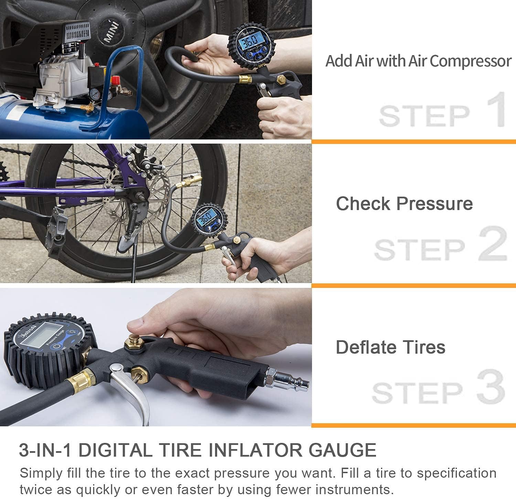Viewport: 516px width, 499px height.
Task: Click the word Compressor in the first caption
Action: pos(470,61)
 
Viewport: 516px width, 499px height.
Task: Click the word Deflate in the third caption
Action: pos(365,347)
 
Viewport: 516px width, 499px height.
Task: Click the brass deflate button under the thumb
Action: pos(135,341)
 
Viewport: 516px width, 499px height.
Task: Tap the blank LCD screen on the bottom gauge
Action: pos(40,335)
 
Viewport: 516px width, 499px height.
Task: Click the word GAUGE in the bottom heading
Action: pos(342,450)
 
